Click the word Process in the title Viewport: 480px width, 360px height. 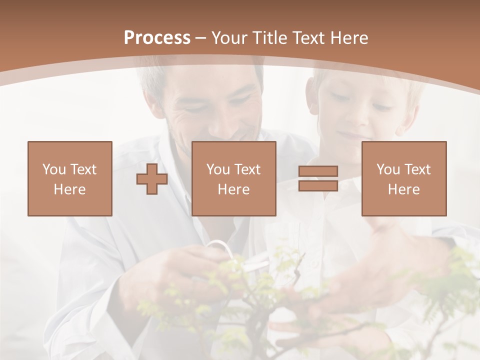pyautogui.click(x=157, y=38)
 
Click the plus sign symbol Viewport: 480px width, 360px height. pyautogui.click(x=152, y=179)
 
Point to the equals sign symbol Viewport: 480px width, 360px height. pyautogui.click(x=318, y=178)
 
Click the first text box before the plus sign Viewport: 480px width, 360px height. pyautogui.click(x=70, y=178)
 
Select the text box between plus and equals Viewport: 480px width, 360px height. pyautogui.click(x=234, y=178)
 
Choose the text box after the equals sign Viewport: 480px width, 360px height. pyautogui.click(x=404, y=178)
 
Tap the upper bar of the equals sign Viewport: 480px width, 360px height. pyautogui.click(x=318, y=171)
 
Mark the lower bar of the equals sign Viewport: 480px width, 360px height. pyautogui.click(x=318, y=185)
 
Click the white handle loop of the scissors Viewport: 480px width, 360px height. pyautogui.click(x=218, y=247)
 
